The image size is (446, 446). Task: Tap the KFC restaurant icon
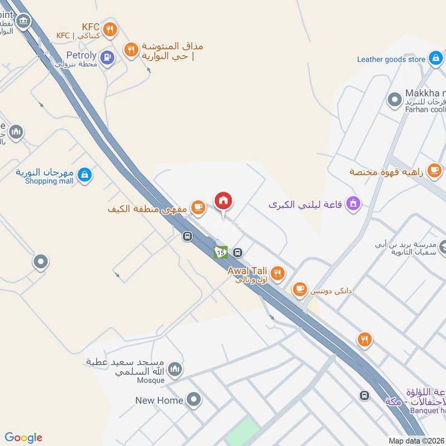110,28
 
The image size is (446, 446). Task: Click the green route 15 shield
220,252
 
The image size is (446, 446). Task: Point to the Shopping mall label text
50,181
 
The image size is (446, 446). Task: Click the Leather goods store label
391,59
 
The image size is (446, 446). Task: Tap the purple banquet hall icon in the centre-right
352,204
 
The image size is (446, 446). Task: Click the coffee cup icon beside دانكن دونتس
300,289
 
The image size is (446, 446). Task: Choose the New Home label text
159,400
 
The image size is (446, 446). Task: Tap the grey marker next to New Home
193,399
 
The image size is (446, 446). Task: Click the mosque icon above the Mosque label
175,369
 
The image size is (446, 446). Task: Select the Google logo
23,438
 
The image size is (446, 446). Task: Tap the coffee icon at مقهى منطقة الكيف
197,207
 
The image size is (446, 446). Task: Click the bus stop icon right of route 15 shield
238,252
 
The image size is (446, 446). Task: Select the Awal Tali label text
248,270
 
